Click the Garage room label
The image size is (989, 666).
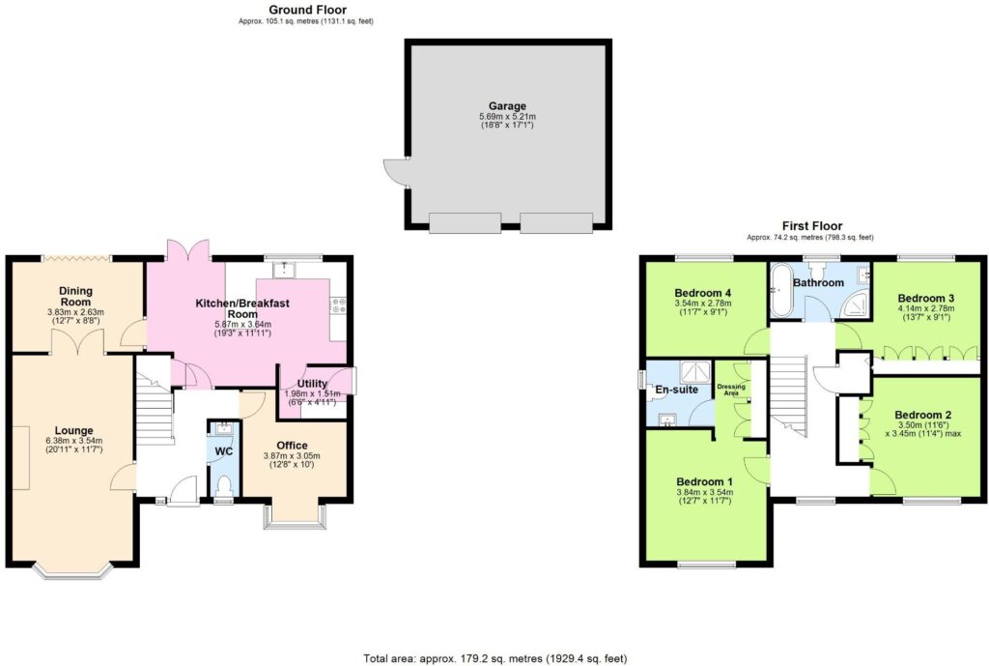[507, 106]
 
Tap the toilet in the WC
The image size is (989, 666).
[224, 487]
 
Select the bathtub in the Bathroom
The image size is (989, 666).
[779, 291]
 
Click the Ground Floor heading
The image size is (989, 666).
[308, 10]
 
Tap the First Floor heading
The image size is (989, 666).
[811, 225]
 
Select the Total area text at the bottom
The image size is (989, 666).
[495, 658]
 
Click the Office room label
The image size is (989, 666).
[292, 446]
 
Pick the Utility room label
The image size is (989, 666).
[312, 383]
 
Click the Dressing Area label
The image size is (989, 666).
[731, 390]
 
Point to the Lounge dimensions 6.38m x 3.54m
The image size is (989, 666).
[73, 441]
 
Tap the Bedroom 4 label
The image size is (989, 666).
[703, 293]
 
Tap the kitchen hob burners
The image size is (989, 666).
[338, 305]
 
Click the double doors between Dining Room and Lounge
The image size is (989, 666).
[75, 341]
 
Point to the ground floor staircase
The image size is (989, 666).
[155, 403]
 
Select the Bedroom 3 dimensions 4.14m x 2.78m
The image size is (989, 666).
[926, 308]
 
